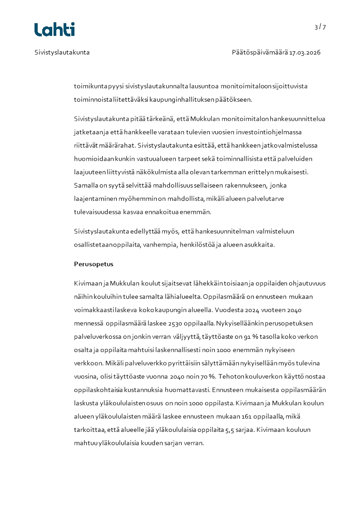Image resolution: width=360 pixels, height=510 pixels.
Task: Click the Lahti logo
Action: [x=54, y=30]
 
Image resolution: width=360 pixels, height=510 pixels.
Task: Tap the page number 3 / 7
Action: [x=320, y=27]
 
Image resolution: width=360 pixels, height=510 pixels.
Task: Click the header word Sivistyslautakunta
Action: [x=62, y=52]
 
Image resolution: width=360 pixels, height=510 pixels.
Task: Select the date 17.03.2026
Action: [x=305, y=52]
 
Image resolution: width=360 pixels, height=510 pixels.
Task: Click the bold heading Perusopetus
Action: [x=94, y=264]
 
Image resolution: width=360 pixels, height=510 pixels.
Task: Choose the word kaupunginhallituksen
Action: [x=182, y=99]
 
